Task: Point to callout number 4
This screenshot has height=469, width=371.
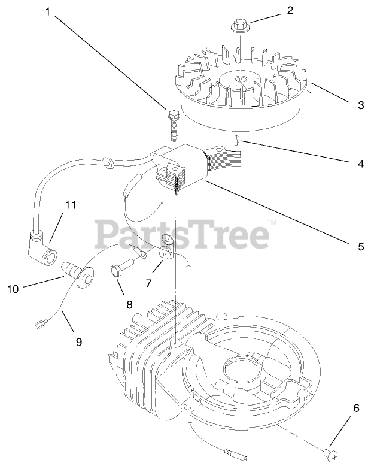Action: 360,163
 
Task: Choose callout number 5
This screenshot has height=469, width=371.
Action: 361,246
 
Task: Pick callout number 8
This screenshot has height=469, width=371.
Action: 129,304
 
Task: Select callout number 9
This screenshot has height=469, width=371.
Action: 78,342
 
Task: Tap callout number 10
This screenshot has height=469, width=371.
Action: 13,289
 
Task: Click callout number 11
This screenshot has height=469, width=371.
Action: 71,205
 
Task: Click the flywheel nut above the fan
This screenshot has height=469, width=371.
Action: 239,28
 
